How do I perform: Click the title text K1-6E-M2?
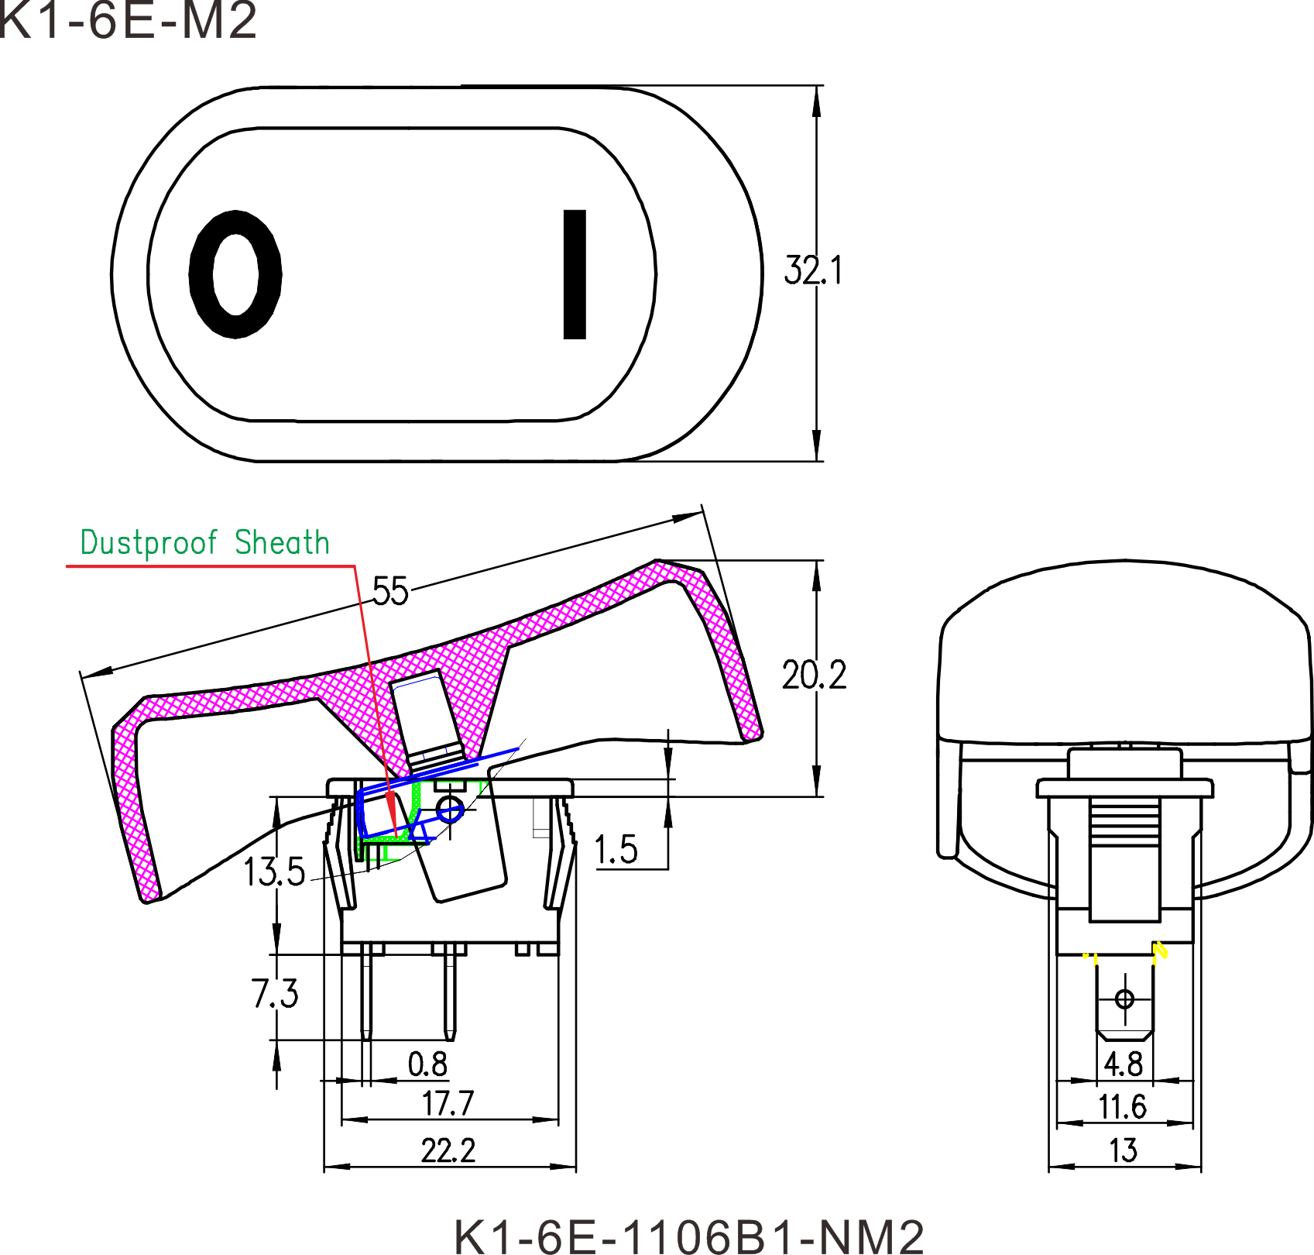pyautogui.click(x=128, y=21)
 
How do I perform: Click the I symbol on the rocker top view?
pyautogui.click(x=574, y=273)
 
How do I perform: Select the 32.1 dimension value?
pyautogui.click(x=812, y=270)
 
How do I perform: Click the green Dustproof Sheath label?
pyautogui.click(x=205, y=542)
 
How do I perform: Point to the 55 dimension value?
pyautogui.click(x=390, y=592)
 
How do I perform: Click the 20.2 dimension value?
pyautogui.click(x=814, y=676)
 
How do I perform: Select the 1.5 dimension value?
pyautogui.click(x=616, y=850)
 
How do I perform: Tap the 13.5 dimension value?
pyautogui.click(x=274, y=872)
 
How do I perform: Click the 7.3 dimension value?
pyautogui.click(x=274, y=993)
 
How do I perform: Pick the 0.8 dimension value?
pyautogui.click(x=427, y=1064)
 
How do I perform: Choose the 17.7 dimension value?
pyautogui.click(x=448, y=1104)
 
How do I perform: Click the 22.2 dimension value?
pyautogui.click(x=448, y=1151)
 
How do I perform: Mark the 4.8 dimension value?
pyautogui.click(x=1124, y=1064)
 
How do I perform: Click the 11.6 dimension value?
pyautogui.click(x=1123, y=1107)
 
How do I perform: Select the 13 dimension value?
pyautogui.click(x=1124, y=1151)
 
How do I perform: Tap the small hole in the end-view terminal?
pyautogui.click(x=1125, y=999)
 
